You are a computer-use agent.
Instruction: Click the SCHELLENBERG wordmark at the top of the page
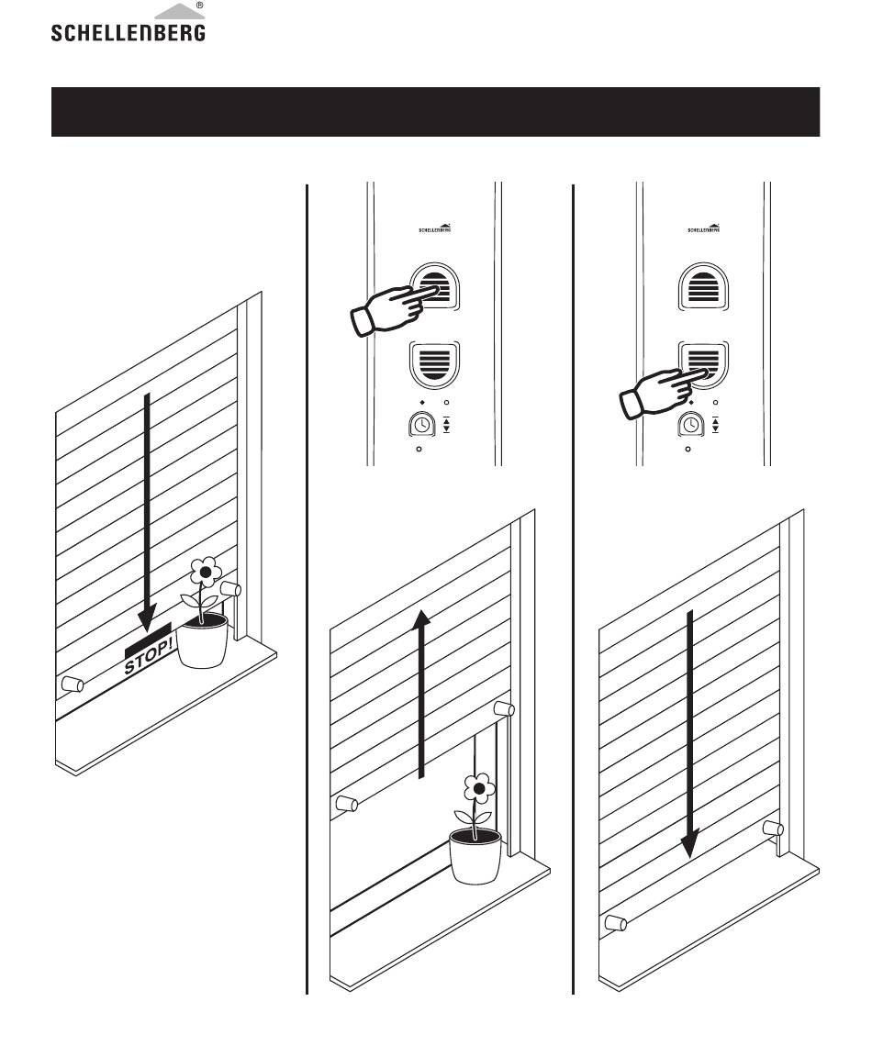[129, 33]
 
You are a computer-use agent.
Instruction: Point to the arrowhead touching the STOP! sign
[147, 618]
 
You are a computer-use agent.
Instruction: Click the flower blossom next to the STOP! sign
[206, 572]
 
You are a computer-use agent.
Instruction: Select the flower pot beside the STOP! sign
[202, 641]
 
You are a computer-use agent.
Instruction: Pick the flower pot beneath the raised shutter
[475, 857]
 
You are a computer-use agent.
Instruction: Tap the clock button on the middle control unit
[421, 425]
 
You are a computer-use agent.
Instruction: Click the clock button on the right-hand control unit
[691, 425]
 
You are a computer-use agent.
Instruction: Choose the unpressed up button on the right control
[703, 287]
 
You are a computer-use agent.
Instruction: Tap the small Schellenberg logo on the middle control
[434, 228]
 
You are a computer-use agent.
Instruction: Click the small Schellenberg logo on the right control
[704, 228]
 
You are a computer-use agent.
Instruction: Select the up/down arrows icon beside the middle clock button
[446, 424]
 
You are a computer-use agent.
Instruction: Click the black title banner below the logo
[436, 111]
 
